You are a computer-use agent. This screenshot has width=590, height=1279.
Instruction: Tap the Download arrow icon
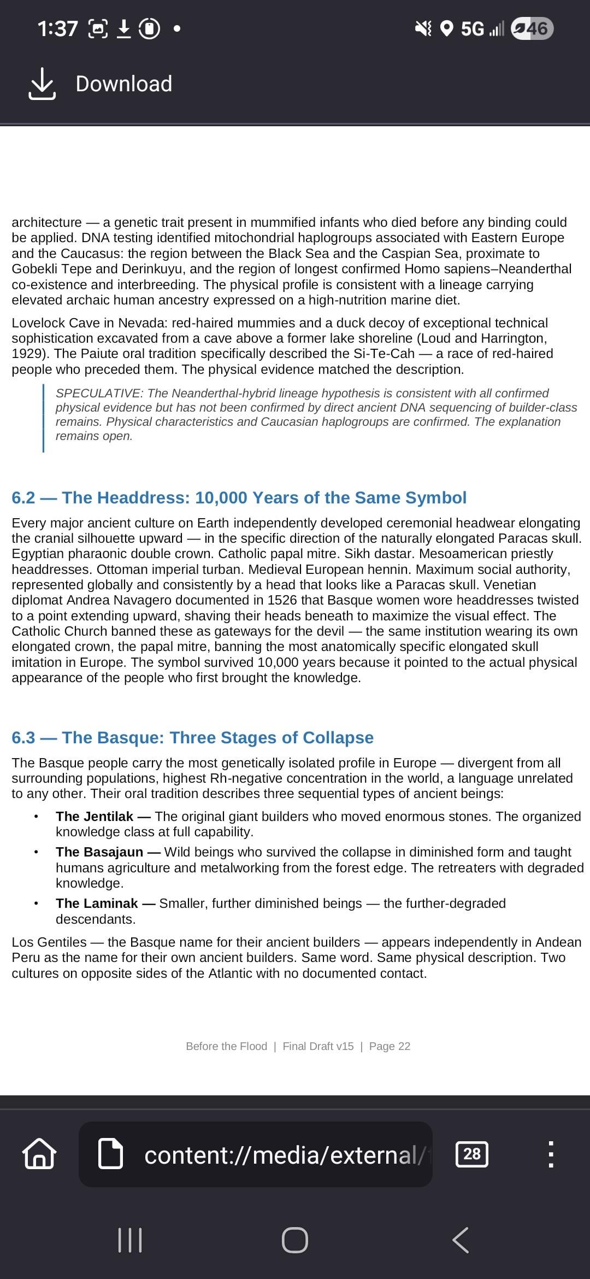click(42, 84)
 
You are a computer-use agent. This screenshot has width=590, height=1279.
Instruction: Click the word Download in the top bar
click(123, 84)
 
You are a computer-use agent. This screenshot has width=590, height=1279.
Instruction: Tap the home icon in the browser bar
click(39, 1154)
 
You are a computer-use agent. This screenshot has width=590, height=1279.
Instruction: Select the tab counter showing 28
click(471, 1154)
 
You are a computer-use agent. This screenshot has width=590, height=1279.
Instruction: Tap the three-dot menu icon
click(551, 1154)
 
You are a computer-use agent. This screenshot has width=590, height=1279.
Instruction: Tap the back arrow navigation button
click(461, 1240)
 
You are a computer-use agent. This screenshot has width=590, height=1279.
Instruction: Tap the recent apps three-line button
click(130, 1240)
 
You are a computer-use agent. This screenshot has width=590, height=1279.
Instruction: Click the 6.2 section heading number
click(23, 498)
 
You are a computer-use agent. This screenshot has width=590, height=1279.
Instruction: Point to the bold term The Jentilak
click(95, 817)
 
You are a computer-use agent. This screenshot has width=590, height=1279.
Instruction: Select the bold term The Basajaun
click(99, 852)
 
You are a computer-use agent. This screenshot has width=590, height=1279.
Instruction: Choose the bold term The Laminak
click(97, 903)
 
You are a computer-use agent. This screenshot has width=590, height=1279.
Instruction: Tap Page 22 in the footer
click(390, 1046)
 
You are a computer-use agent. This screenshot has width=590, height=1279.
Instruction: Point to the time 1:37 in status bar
click(57, 28)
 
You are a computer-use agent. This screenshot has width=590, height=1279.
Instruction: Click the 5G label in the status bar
click(472, 28)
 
